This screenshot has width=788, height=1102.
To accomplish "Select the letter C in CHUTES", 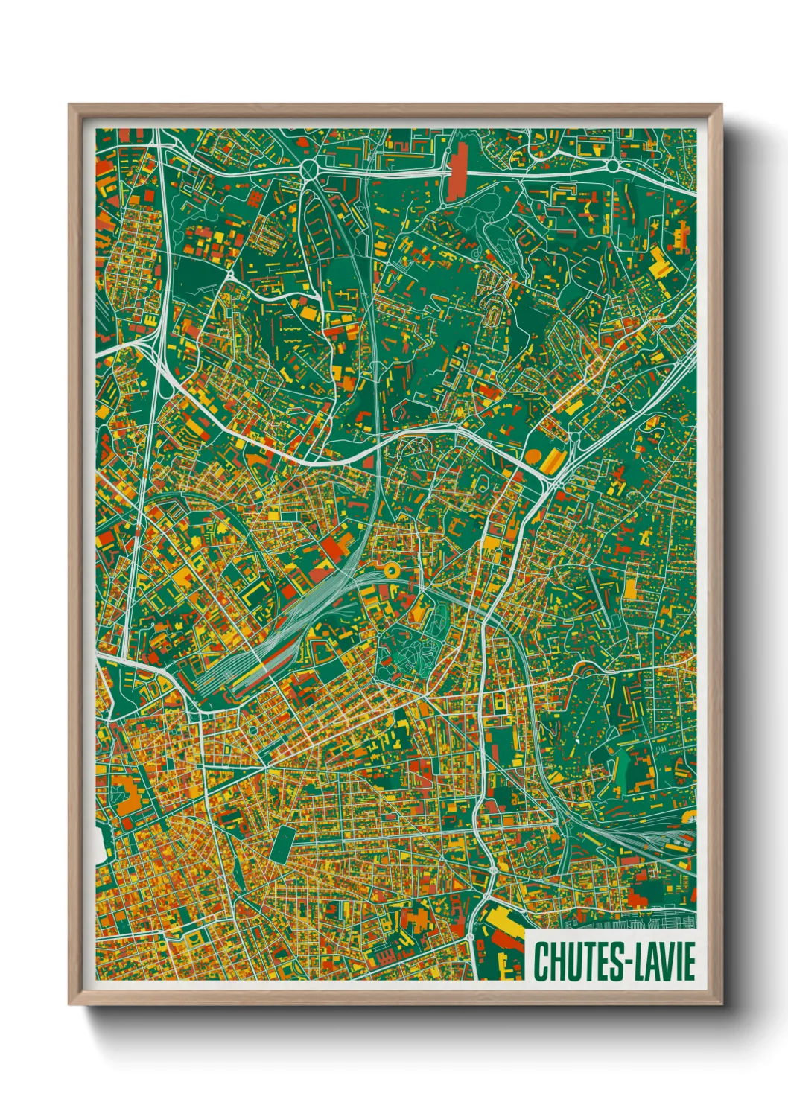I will [x=540, y=961].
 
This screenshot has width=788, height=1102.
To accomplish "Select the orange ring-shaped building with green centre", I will [x=390, y=570].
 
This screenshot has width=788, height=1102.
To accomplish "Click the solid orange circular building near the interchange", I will [x=534, y=454].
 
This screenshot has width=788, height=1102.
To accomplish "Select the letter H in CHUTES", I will [x=556, y=961].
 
